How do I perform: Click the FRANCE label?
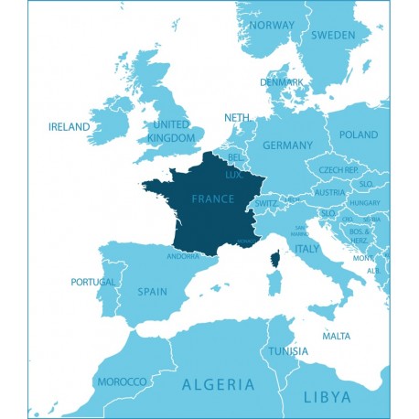coord(213,199)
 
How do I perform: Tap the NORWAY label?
coord(272,25)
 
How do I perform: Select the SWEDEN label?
coord(333,36)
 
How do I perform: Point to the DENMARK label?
coord(281,81)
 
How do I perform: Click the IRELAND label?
coord(70,127)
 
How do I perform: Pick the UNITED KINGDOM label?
coord(172,131)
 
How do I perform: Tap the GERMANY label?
coord(287,145)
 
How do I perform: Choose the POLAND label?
coord(358,134)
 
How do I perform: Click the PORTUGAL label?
coord(92,282)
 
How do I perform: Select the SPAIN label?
coord(152,292)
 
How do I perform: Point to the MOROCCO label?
coord(122,381)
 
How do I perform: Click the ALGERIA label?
coord(219,384)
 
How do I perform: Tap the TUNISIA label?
coord(286,351)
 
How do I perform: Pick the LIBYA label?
coord(327,396)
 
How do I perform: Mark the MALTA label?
coord(337,336)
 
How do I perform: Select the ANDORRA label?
coord(183,256)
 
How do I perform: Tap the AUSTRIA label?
coord(328,192)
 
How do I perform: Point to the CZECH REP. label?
coord(338,170)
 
